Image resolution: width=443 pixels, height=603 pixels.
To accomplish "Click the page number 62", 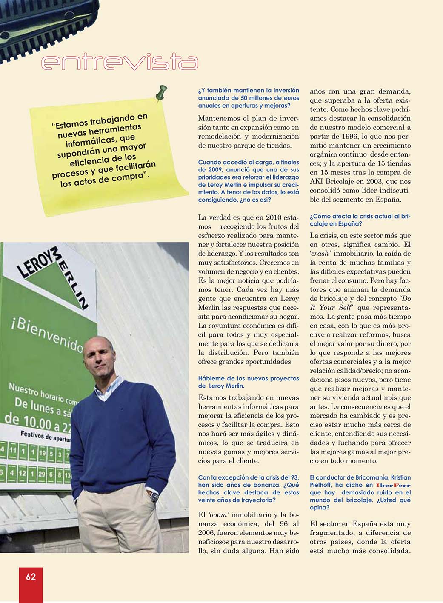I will pos(31,577).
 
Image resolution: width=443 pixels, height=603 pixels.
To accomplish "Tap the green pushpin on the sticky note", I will pos(161,92).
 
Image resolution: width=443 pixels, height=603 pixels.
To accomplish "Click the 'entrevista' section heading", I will pos(120,62).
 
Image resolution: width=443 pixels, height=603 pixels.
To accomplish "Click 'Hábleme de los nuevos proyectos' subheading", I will pos(249,378).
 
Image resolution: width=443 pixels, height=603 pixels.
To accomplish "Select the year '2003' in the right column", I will pos(374,181).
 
